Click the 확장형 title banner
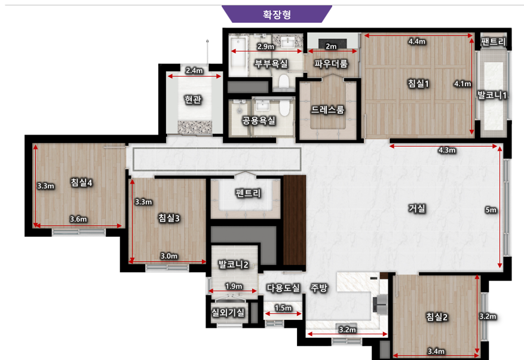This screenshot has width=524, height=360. pyautogui.click(x=277, y=14)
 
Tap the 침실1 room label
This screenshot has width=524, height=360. pyautogui.click(x=418, y=83)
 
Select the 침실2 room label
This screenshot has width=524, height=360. pyautogui.click(x=437, y=316)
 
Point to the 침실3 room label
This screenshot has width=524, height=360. pyautogui.click(x=169, y=218)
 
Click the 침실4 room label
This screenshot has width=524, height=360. pyautogui.click(x=81, y=182)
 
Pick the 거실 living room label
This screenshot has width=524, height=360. pyautogui.click(x=417, y=208)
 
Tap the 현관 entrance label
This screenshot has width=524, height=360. pyautogui.click(x=193, y=99)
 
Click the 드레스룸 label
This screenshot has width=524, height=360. pyautogui.click(x=327, y=109)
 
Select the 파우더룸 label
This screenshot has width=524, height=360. pyautogui.click(x=331, y=63)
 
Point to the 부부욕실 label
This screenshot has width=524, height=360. pyautogui.click(x=271, y=63)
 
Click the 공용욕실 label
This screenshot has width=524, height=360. pyautogui.click(x=259, y=120)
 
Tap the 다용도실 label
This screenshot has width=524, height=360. pyautogui.click(x=283, y=288)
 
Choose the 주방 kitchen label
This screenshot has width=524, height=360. pyautogui.click(x=319, y=288)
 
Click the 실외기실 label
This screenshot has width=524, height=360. pyautogui.click(x=228, y=313)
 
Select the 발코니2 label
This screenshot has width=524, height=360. pyautogui.click(x=233, y=264)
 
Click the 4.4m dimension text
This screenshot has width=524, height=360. pyautogui.click(x=416, y=41)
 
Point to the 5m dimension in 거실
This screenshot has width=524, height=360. pyautogui.click(x=491, y=210)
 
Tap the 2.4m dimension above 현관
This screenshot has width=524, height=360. pyautogui.click(x=194, y=71)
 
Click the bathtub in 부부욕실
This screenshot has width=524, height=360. pyautogui.click(x=238, y=56)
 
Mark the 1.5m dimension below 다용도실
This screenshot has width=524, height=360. pyautogui.click(x=283, y=308)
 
